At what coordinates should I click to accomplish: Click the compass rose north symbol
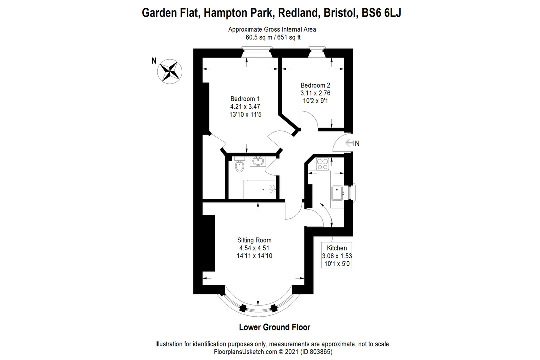(170, 70)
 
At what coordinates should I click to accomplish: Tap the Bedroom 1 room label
(245, 98)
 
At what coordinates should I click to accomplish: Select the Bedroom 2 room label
(315, 84)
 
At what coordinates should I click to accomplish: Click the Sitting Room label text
(255, 240)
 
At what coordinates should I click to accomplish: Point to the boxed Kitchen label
(337, 248)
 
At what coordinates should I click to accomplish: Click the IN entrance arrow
(352, 143)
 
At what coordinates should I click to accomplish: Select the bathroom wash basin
(258, 161)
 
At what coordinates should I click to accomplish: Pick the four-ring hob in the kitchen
(321, 163)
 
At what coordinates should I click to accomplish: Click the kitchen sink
(337, 192)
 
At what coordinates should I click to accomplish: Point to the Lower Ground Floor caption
(274, 328)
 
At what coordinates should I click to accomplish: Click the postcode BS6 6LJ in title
(382, 13)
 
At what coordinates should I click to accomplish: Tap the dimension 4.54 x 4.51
(255, 248)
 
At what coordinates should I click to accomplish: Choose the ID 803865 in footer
(317, 352)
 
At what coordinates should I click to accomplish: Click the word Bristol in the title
(334, 13)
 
